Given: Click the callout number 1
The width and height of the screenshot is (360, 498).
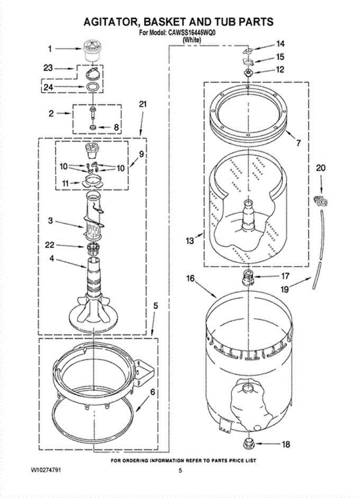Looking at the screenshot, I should click(x=50, y=49).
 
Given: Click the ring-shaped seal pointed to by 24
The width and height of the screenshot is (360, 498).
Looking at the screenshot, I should click(x=92, y=87).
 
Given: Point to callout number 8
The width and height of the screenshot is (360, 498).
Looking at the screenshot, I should click(x=117, y=127).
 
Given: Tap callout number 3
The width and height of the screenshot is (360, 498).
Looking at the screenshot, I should click(x=50, y=221).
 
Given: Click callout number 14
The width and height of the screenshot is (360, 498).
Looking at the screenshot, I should click(x=281, y=44).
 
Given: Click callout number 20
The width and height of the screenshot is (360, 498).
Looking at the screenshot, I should click(x=321, y=168).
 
